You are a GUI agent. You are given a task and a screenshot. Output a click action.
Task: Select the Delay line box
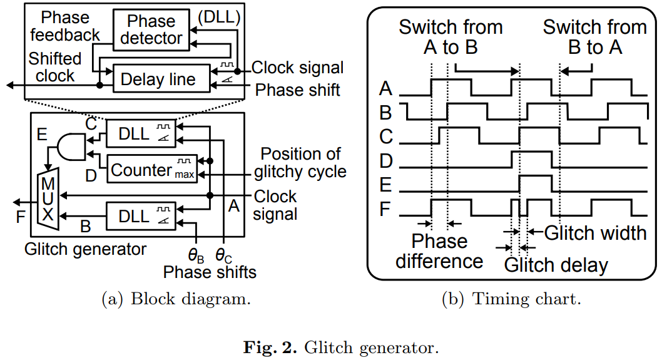158,79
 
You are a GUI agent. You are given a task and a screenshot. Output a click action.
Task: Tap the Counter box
153,169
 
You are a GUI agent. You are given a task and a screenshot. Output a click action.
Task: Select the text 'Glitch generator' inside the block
85,249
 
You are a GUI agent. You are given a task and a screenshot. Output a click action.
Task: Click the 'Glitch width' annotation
595,233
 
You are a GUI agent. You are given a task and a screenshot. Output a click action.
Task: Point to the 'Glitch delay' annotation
556,265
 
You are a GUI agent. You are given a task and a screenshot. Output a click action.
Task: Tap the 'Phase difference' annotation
439,251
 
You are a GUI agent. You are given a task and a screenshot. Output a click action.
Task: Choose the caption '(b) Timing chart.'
512,299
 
